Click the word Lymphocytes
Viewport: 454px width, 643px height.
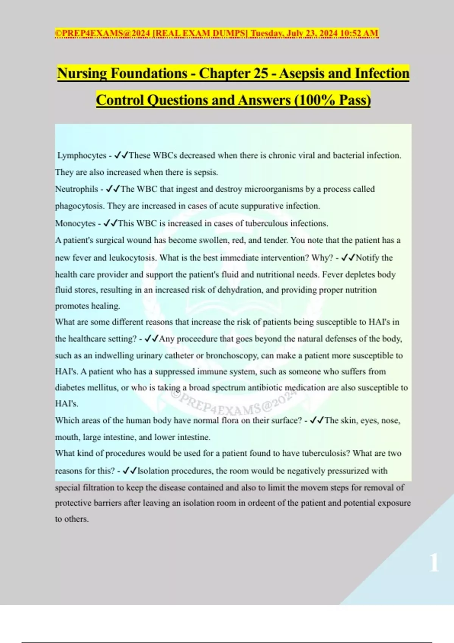tap(82, 155)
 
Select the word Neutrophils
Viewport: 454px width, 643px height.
tap(76, 189)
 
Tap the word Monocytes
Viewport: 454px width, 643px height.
tap(75, 224)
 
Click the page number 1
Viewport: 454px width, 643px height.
tap(434, 562)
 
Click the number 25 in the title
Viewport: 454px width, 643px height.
tap(261, 73)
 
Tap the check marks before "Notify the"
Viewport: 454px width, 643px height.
tap(348, 258)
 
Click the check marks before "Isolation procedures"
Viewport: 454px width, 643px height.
tap(130, 471)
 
